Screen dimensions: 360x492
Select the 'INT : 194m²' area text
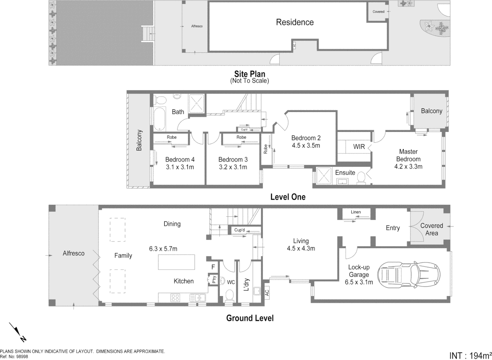tap(470, 355)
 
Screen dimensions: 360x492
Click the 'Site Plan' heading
tap(249, 74)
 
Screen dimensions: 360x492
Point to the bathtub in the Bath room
tap(160, 119)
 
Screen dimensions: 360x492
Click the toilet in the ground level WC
tap(230, 295)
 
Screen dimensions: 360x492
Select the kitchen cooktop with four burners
tap(175, 298)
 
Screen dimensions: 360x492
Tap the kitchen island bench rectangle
tap(176, 262)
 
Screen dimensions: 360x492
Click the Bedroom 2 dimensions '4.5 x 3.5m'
tap(305, 146)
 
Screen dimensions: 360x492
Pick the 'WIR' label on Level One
tap(359, 147)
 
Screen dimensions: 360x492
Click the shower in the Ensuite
tap(323, 176)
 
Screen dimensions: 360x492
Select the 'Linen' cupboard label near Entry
tap(355, 212)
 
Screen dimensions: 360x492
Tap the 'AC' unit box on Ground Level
tap(267, 292)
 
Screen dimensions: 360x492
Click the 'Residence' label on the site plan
tap(294, 22)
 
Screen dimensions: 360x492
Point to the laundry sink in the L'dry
tap(257, 291)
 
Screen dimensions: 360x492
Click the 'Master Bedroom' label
tap(408, 155)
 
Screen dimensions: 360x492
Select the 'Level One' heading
tap(287, 197)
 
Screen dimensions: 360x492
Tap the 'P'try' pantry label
tap(214, 280)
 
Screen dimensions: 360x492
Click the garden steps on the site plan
tap(148, 34)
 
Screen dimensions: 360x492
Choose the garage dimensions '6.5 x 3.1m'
tap(359, 282)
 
